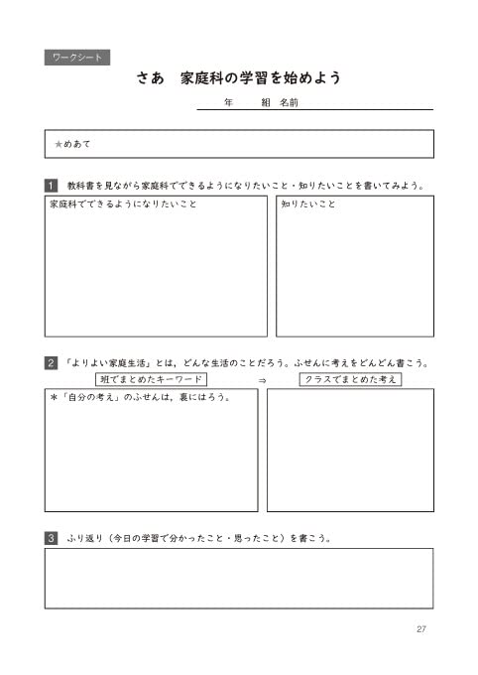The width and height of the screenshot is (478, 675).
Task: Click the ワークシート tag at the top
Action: tap(76, 58)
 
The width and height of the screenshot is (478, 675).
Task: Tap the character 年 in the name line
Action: tap(229, 103)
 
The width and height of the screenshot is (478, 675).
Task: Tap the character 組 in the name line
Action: tap(266, 103)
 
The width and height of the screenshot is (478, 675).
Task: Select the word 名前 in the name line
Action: tap(290, 103)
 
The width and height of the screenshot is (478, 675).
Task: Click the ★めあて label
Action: tap(72, 144)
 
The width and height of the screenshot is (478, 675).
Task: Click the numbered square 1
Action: tap(52, 185)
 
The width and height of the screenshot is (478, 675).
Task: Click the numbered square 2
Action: tap(52, 363)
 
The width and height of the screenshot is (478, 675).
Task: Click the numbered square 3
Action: tap(52, 539)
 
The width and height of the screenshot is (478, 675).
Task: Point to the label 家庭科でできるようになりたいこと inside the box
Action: tap(123, 204)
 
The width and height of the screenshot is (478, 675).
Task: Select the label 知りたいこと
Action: tap(307, 204)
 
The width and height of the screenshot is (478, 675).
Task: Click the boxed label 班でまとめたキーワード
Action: tap(152, 380)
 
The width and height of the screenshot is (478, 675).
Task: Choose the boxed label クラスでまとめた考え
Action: tap(350, 380)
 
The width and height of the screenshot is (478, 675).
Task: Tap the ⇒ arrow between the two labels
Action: tap(262, 381)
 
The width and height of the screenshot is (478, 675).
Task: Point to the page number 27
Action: tap(421, 629)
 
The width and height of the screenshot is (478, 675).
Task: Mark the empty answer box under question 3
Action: tap(238, 578)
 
